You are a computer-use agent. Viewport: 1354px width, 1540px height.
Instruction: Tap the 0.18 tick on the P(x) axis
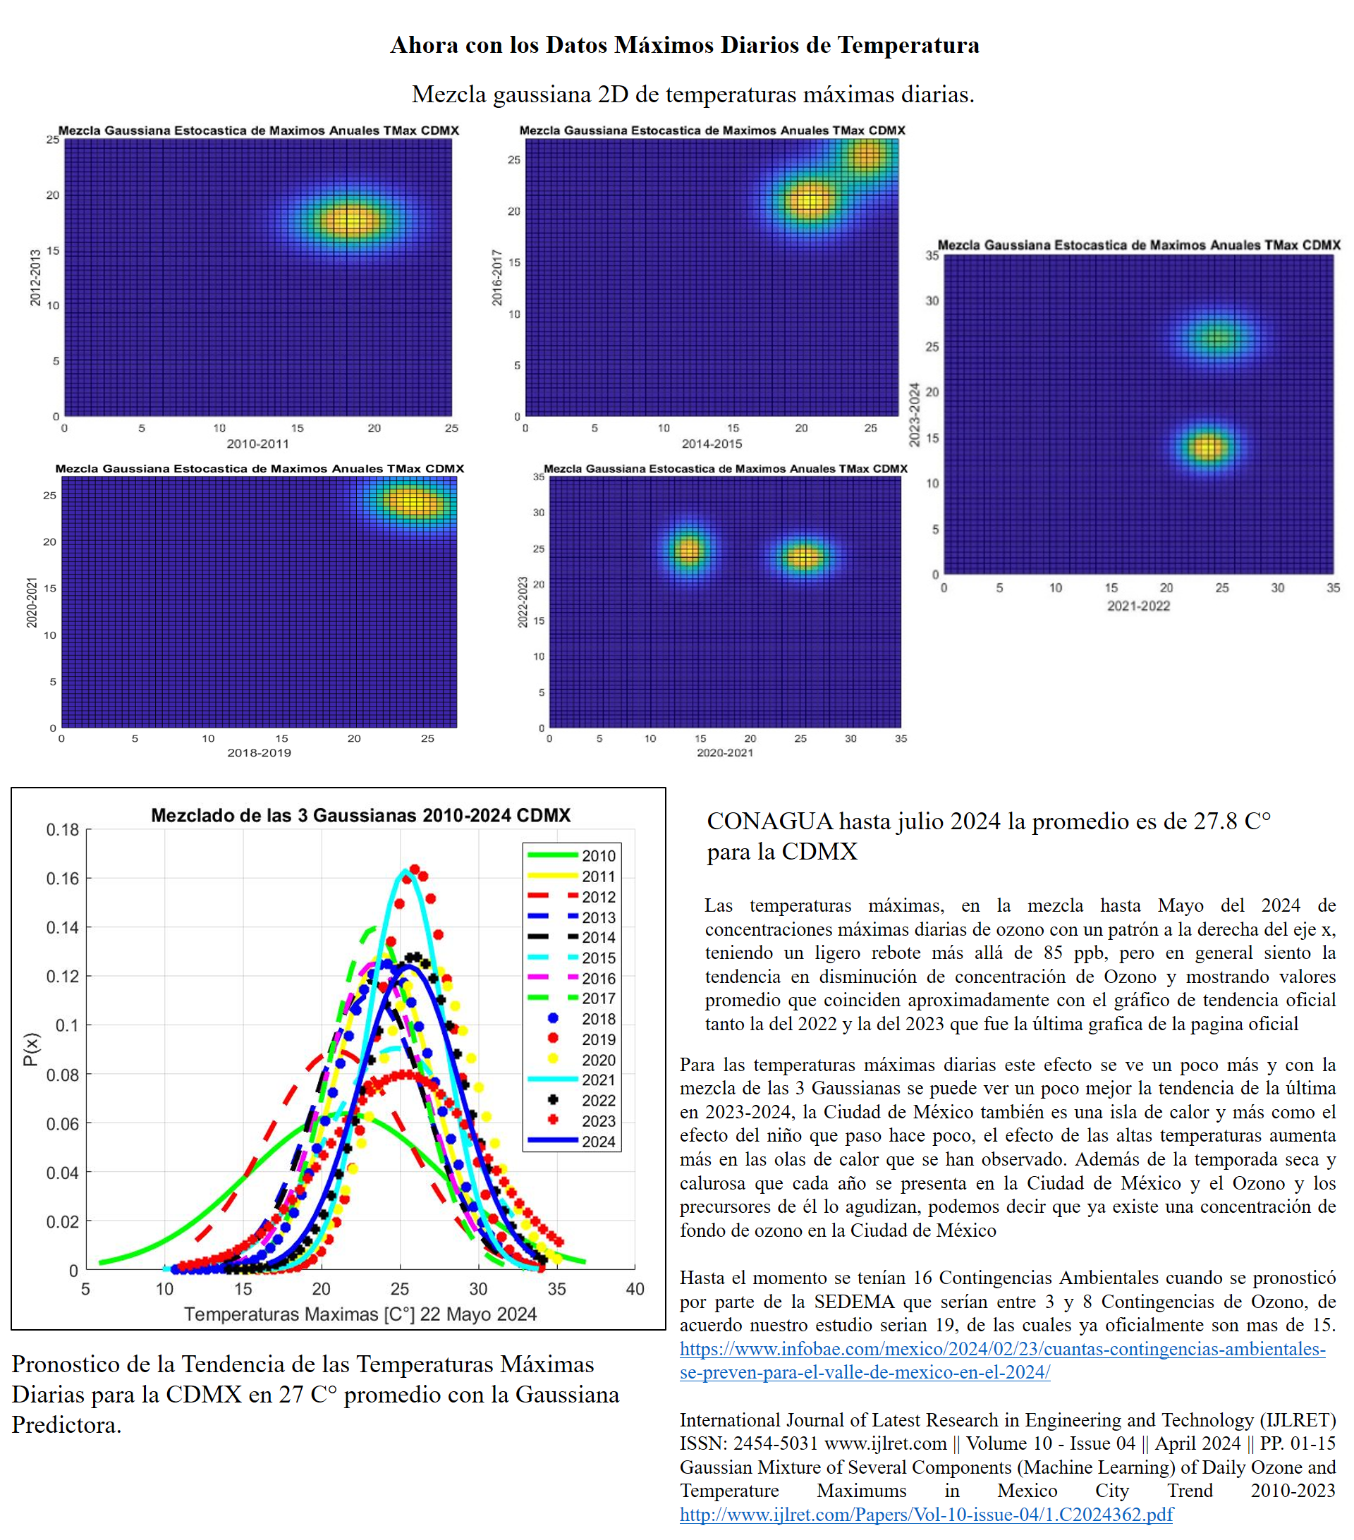click(x=63, y=829)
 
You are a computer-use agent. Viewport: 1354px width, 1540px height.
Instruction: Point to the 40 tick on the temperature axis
click(x=635, y=1288)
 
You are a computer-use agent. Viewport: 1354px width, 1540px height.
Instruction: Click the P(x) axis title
click(x=30, y=1049)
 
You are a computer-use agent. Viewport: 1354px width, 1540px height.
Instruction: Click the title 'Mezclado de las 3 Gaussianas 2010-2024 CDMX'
click(x=360, y=815)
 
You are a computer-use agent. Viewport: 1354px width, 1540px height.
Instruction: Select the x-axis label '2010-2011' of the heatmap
click(x=257, y=444)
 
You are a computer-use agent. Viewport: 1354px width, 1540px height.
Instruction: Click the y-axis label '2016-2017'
click(x=497, y=277)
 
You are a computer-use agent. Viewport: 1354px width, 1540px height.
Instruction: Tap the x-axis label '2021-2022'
click(x=1138, y=606)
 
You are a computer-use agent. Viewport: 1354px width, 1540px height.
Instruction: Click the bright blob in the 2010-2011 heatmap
click(x=349, y=221)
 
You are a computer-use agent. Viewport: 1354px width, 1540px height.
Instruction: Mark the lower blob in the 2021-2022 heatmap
click(x=1208, y=448)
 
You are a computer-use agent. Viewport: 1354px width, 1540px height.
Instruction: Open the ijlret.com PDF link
click(x=926, y=1514)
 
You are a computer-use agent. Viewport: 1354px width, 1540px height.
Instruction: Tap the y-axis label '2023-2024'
click(x=914, y=415)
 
